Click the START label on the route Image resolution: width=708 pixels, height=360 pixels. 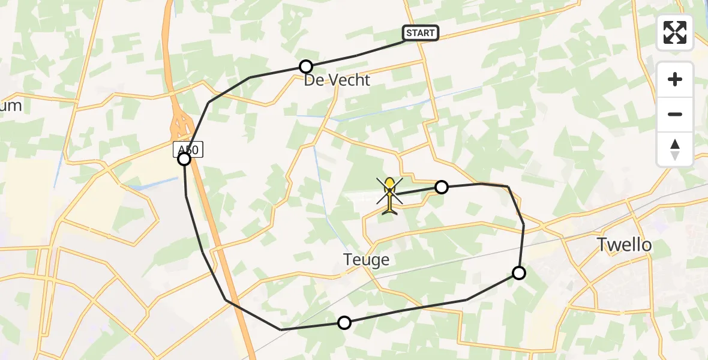coord(420,33)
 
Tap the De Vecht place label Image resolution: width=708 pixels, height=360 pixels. coord(337,80)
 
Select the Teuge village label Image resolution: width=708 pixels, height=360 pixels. coord(366,260)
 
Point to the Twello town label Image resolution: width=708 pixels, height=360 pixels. coord(624,244)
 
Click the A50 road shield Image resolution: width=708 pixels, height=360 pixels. coord(188,149)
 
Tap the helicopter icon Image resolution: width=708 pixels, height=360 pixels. coord(389,194)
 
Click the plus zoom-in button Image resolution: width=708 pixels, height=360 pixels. coord(675,80)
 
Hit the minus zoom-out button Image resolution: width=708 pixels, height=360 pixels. coord(675,114)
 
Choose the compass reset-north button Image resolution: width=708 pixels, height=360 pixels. coord(675,149)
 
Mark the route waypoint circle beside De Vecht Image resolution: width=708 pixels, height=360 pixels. coord(306,67)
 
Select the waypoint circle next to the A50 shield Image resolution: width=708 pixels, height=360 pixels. coord(184,159)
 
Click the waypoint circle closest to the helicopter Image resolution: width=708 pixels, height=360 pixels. coord(442,187)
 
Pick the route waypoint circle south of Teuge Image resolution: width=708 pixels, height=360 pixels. coord(344,323)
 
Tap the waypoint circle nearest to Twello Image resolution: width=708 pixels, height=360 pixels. coord(519,273)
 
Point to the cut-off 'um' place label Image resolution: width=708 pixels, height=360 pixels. coord(11,106)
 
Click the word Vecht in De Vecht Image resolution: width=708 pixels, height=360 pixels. coord(347,80)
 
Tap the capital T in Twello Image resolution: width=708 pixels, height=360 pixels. coord(602,244)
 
